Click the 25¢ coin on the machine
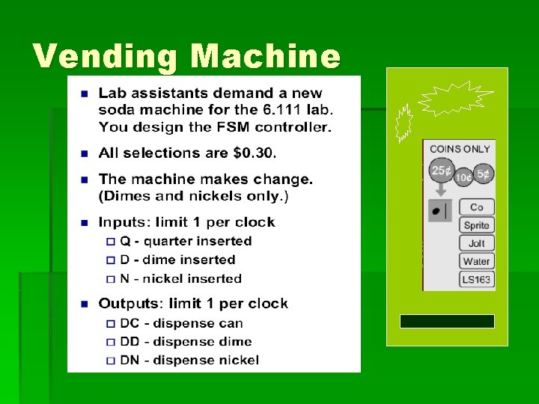click(x=442, y=171)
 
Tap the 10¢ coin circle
click(x=463, y=177)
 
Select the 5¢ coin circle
click(x=484, y=174)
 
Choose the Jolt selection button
click(x=476, y=243)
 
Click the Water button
click(x=476, y=261)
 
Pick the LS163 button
click(x=476, y=280)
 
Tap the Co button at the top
click(x=476, y=207)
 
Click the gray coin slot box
click(x=439, y=211)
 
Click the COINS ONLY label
click(x=460, y=149)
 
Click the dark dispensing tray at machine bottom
click(x=447, y=322)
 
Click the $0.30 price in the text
click(x=254, y=153)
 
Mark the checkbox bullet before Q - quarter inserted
click(x=112, y=242)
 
